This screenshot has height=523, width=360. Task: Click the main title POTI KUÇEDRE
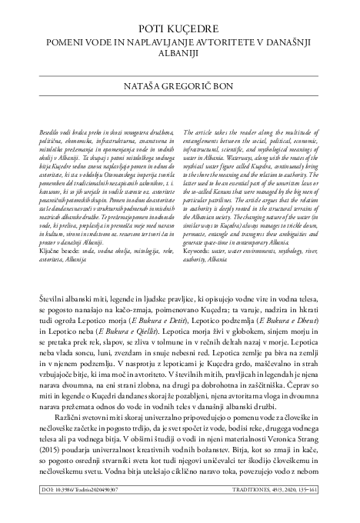[x=180, y=30]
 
